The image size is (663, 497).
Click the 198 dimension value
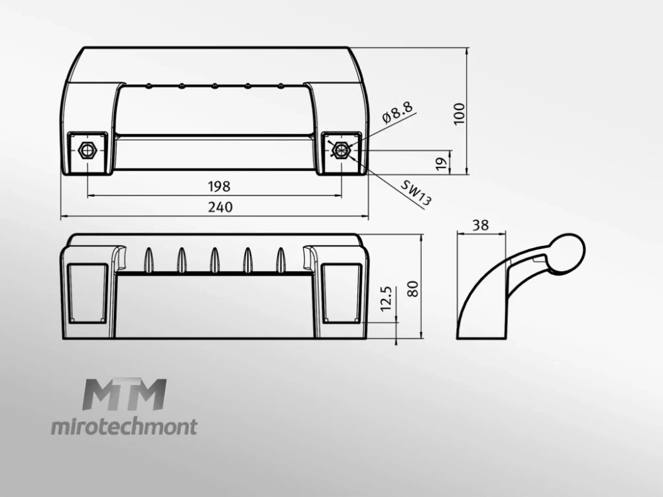coord(219,186)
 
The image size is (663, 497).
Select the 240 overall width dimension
coord(220,207)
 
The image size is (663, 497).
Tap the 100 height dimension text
coord(459,114)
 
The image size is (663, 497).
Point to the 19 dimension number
coord(442,164)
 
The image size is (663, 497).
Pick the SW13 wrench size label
coord(416,193)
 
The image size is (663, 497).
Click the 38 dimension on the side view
coord(480,225)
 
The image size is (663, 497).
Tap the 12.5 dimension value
coord(386,299)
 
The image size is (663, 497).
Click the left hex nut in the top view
coord(88,150)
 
